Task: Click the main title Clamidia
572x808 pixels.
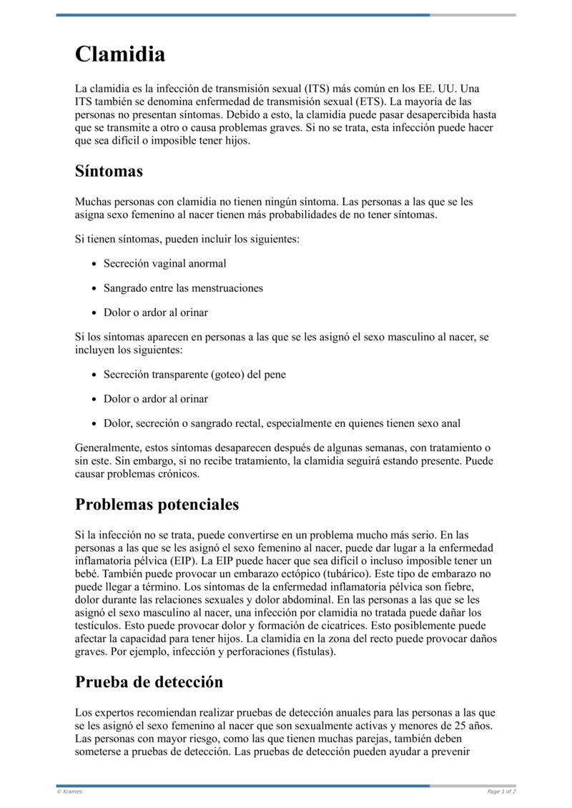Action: [x=120, y=54]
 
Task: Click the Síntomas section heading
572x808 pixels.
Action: [x=109, y=172]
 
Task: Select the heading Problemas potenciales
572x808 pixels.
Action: [x=157, y=504]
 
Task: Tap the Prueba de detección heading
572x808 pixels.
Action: [x=149, y=681]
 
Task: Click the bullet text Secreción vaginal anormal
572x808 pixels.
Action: [x=164, y=263]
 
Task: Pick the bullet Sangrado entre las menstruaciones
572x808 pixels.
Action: [x=183, y=288]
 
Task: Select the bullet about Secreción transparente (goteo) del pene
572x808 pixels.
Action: [x=194, y=374]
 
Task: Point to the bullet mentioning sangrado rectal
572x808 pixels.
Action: [x=282, y=424]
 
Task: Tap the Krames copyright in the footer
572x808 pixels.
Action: [x=69, y=792]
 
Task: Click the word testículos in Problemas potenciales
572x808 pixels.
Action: [x=98, y=626]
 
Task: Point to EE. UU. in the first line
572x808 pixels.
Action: [x=439, y=89]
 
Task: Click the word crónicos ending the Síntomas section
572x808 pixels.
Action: [x=179, y=473]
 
